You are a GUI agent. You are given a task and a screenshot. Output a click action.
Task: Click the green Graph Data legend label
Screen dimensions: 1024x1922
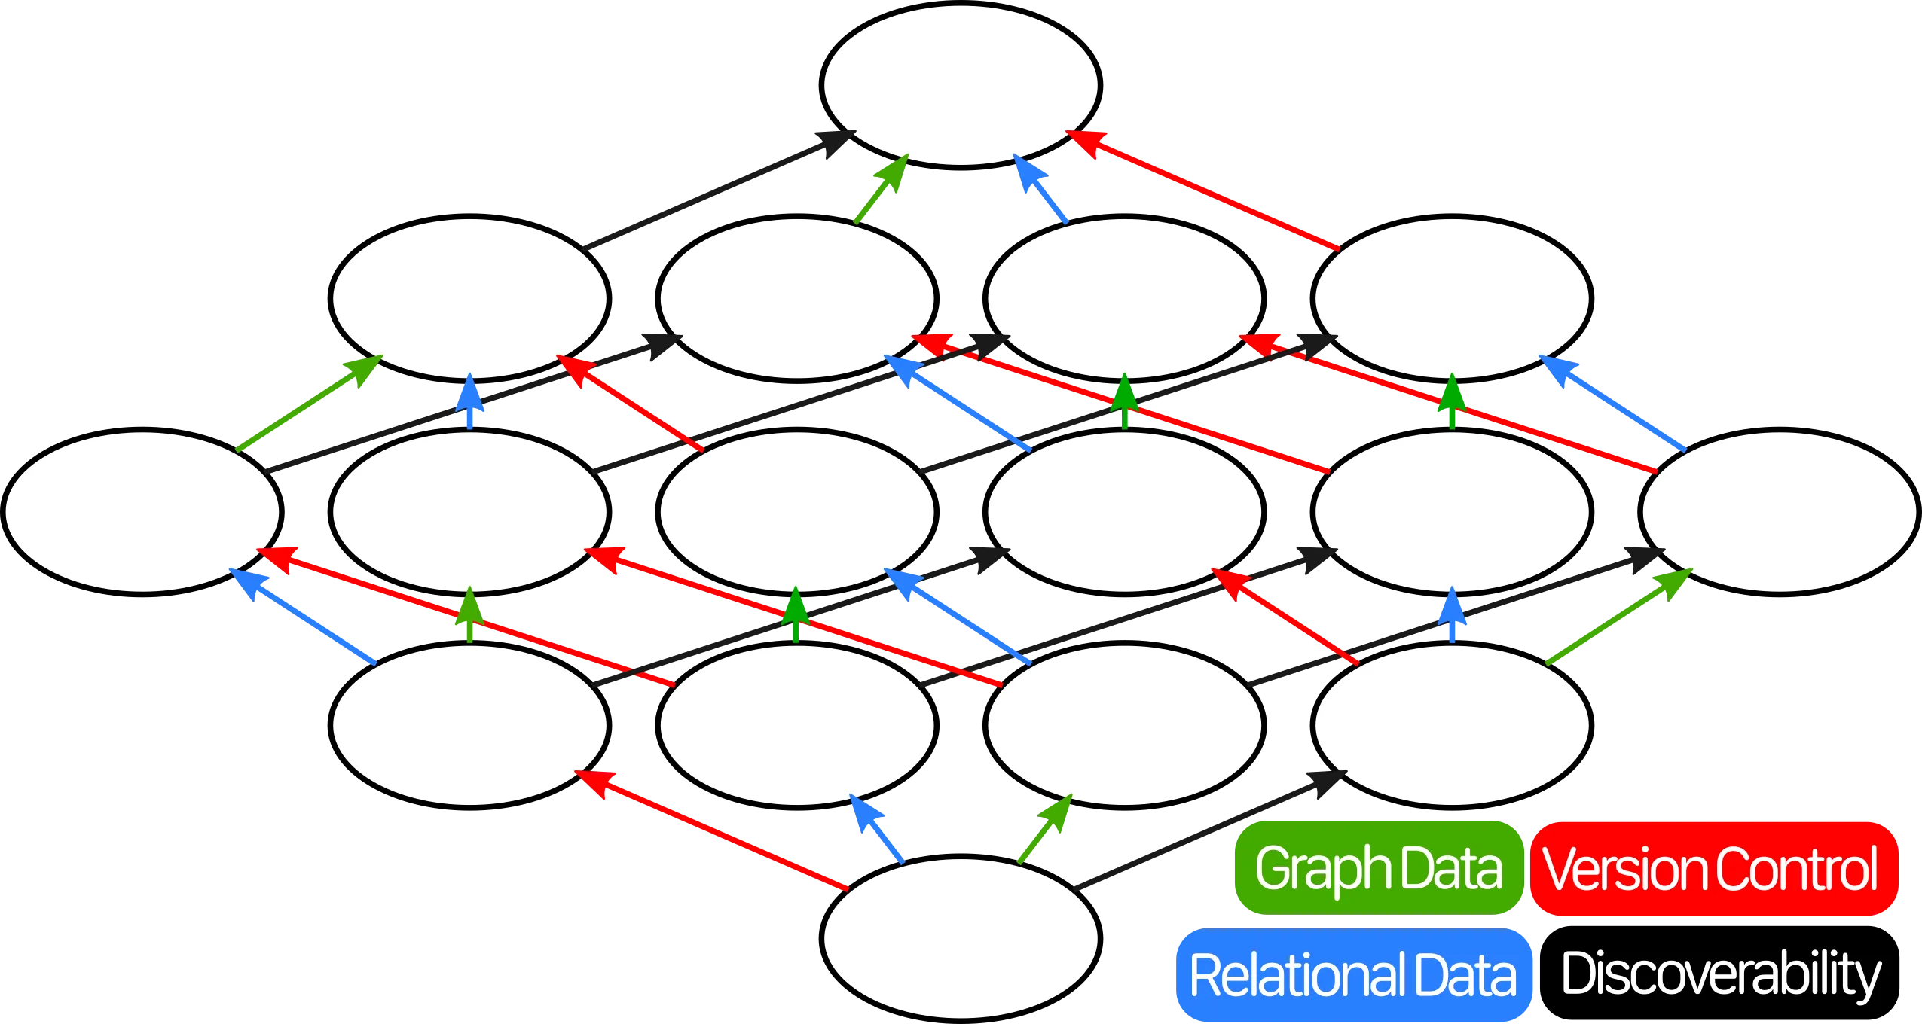point(1378,869)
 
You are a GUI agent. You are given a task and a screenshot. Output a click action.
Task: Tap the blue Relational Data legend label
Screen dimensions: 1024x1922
point(1353,975)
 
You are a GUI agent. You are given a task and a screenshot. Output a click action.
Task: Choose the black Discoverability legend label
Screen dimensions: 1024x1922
point(1721,975)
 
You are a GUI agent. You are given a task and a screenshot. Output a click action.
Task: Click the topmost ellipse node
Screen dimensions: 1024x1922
point(961,84)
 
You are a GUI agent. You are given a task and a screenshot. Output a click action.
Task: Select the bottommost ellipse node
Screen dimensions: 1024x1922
point(961,938)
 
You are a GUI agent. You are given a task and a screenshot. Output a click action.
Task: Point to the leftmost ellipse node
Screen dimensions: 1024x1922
point(142,511)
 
